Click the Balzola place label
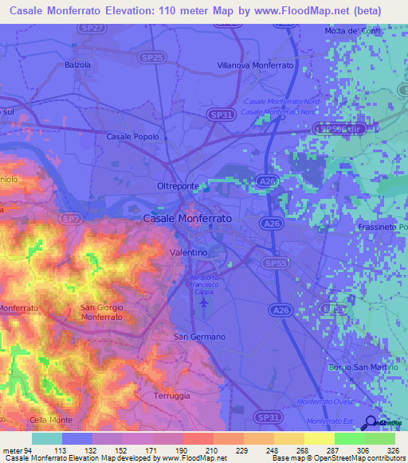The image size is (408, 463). click(x=77, y=64)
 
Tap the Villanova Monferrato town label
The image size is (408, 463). click(x=255, y=64)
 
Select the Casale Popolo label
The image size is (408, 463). click(x=131, y=137)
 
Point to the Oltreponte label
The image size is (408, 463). click(x=177, y=186)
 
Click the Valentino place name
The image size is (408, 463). click(x=189, y=251)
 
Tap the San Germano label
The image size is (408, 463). click(x=199, y=337)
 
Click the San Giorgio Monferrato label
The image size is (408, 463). click(x=103, y=312)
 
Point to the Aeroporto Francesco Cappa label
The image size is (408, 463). click(x=208, y=283)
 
